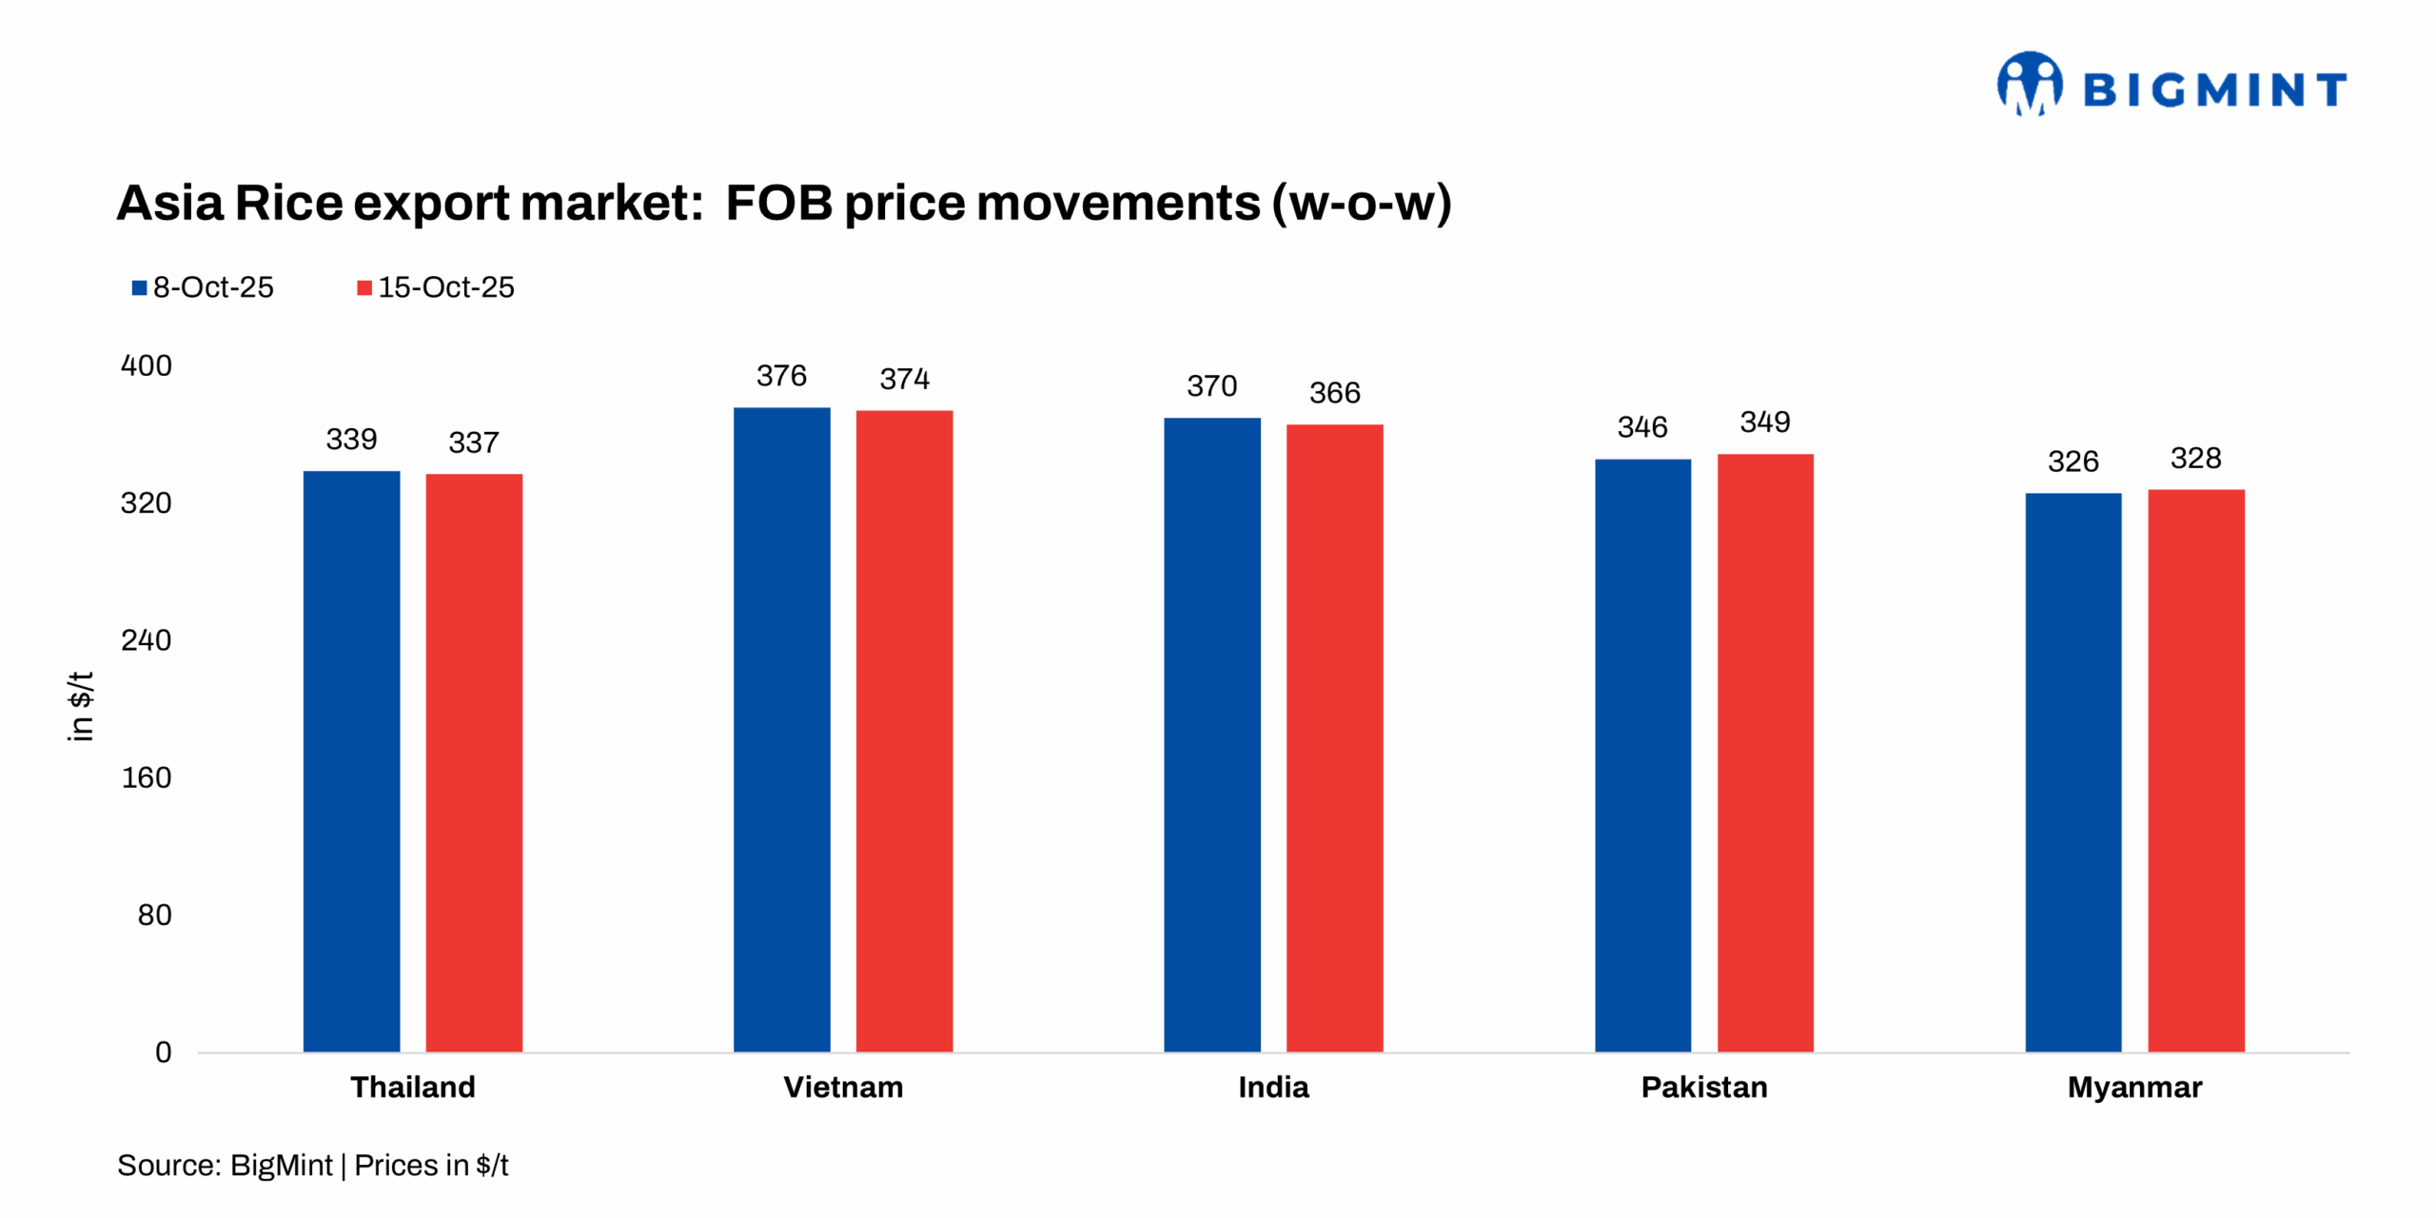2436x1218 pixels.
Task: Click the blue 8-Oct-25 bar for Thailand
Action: [351, 761]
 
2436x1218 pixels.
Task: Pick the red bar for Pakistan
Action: [1765, 753]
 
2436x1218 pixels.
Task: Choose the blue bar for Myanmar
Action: [2073, 772]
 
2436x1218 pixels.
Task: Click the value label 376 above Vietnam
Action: [781, 376]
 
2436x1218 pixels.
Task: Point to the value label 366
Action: [1334, 392]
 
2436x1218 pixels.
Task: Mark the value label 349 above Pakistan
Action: [1765, 422]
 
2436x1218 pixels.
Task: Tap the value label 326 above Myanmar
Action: [2073, 462]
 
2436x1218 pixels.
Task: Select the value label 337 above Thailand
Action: [474, 442]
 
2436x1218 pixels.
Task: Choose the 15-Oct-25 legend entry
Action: [436, 287]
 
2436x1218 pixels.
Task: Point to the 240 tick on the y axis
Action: [146, 640]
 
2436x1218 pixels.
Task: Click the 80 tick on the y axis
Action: [154, 915]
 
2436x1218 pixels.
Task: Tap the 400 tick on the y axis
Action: [146, 365]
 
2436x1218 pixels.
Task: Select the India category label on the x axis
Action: [1273, 1087]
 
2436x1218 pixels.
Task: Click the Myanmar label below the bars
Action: [2134, 1087]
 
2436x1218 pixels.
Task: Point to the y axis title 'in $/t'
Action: [81, 705]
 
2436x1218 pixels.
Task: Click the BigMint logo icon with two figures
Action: [2030, 85]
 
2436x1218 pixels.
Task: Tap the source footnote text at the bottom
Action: [312, 1165]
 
